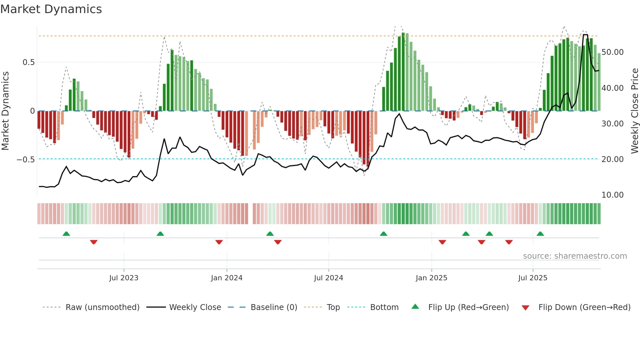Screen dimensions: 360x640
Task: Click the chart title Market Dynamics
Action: coord(51,9)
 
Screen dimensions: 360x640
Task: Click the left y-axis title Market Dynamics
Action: coord(5,111)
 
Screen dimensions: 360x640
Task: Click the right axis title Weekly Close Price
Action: coord(634,111)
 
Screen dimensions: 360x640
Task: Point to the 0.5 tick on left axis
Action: coord(28,62)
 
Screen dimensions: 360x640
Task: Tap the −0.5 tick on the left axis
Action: coord(26,159)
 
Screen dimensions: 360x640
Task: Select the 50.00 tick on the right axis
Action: coord(612,52)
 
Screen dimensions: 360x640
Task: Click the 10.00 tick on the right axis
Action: coord(612,195)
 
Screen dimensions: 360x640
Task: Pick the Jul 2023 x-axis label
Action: coord(124,278)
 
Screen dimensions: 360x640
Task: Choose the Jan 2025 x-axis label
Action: coord(431,278)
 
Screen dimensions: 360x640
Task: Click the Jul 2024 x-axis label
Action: coord(328,278)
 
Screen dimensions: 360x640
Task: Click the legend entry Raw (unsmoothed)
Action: coord(102,307)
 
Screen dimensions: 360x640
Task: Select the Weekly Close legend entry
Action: coord(195,307)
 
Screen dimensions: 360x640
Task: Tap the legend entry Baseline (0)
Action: coord(274,307)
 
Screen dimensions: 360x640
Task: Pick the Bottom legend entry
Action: coord(384,307)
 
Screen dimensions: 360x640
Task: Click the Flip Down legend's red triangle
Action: coord(525,308)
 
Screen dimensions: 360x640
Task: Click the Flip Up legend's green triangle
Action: coord(415,307)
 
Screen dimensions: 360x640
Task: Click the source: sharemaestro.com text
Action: coord(575,256)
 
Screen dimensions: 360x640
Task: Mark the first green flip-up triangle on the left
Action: coord(66,234)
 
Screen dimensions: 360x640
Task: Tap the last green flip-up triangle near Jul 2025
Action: coord(540,234)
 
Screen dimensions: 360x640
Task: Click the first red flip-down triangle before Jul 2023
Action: coord(94,242)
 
